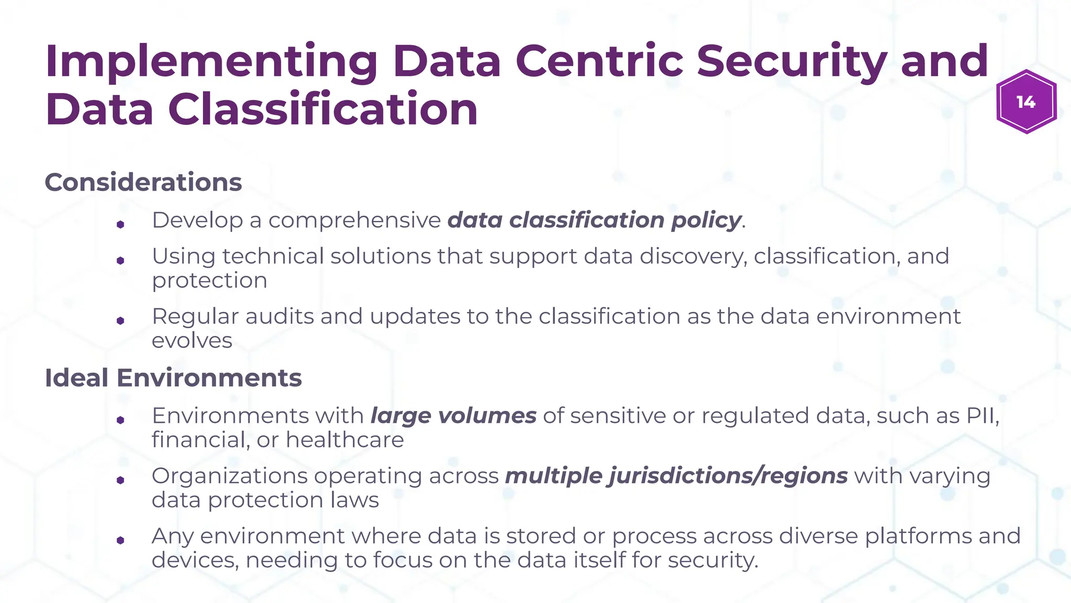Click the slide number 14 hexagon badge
coord(1026,102)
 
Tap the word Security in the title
coord(791,62)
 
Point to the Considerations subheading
coord(143,182)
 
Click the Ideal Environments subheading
coord(173,378)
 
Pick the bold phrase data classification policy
coord(595,220)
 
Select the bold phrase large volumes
coord(453,416)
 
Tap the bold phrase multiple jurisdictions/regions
coord(676,476)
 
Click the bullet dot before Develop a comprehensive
coord(120,225)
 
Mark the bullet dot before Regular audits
coord(120,321)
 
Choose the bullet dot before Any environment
coord(120,541)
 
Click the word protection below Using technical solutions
coord(209,281)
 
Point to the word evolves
coord(192,341)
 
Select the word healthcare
coord(345,440)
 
